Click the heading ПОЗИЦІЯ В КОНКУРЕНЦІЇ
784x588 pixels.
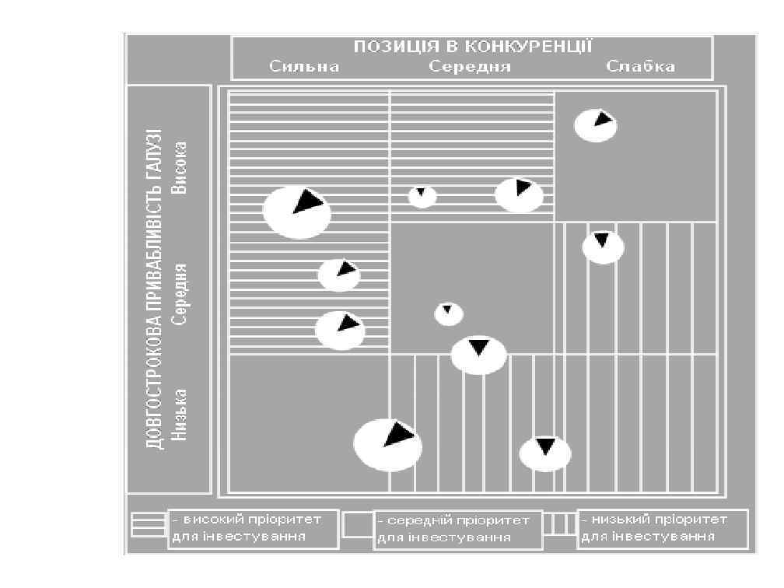pos(473,47)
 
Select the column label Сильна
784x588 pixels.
pos(304,67)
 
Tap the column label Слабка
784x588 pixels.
pos(640,67)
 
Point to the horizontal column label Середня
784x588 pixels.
pos(470,67)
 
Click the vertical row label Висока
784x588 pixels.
pos(180,168)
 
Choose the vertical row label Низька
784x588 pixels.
pos(180,415)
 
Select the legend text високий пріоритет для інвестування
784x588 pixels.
pos(254,529)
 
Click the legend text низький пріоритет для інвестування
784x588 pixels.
pos(662,528)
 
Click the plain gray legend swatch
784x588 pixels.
pos(358,524)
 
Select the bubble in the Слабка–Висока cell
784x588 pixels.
pos(596,125)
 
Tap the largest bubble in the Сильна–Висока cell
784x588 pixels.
pos(296,212)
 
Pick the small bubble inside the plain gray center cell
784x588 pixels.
pos(449,314)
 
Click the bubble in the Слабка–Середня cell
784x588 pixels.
pos(603,247)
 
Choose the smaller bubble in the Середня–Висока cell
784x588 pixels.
pos(422,196)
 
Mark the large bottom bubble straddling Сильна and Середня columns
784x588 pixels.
pos(387,444)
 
